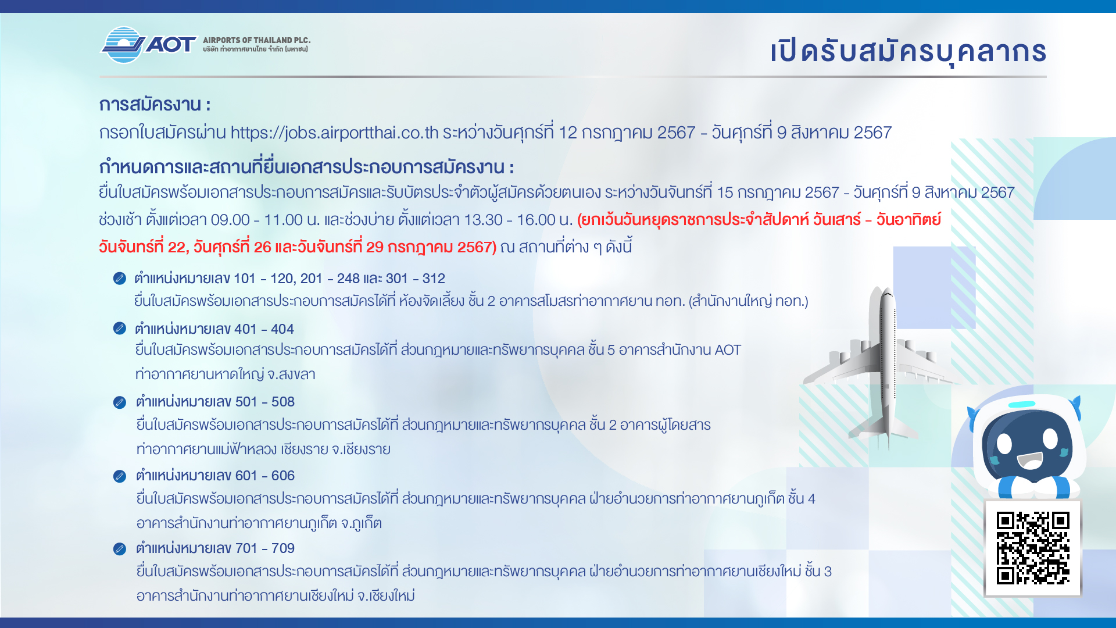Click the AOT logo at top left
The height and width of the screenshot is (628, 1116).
tap(149, 45)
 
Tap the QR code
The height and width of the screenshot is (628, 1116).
tap(1033, 548)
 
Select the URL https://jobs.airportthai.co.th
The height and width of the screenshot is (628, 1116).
tap(334, 133)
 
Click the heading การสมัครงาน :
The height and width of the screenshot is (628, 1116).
tap(155, 105)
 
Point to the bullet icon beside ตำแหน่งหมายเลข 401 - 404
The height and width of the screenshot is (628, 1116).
tap(120, 329)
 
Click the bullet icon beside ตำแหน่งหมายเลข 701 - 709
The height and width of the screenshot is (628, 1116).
tap(120, 549)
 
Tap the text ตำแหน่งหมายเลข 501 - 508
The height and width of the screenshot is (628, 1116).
tap(215, 402)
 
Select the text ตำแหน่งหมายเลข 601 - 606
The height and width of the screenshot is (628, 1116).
tap(215, 476)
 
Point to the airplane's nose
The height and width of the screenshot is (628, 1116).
tap(886, 291)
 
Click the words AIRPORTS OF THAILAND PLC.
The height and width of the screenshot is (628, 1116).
tap(256, 40)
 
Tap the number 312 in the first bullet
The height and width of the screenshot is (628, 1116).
tap(434, 279)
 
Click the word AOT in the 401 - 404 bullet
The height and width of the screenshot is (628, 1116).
tap(728, 350)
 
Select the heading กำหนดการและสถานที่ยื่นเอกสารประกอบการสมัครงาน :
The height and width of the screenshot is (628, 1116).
tap(306, 167)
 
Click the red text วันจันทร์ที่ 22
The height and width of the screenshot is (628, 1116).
tap(142, 247)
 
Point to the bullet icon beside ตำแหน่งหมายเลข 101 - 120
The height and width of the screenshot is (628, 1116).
tap(120, 279)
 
